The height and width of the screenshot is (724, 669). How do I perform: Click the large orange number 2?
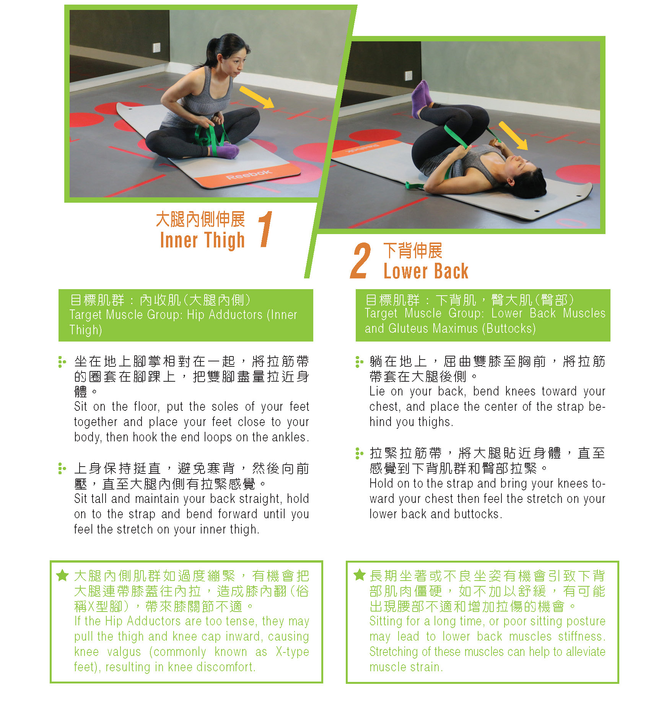(360, 260)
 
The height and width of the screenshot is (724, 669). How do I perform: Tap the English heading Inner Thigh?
(202, 241)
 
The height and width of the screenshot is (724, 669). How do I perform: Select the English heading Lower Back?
(426, 271)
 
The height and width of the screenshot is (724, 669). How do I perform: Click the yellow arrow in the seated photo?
(257, 97)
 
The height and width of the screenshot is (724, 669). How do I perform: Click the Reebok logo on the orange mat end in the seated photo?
(249, 174)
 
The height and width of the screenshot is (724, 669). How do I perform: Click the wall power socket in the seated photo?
(157, 47)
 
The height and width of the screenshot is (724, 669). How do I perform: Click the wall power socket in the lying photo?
(409, 75)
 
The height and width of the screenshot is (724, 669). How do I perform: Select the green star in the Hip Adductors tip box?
(62, 575)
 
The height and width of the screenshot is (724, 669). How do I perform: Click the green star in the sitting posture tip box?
(359, 574)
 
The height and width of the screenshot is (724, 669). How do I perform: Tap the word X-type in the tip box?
(292, 652)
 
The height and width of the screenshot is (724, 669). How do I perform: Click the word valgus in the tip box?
(124, 652)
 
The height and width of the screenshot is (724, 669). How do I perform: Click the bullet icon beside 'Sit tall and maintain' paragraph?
(62, 469)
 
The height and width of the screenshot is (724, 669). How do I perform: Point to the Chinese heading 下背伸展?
(413, 251)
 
